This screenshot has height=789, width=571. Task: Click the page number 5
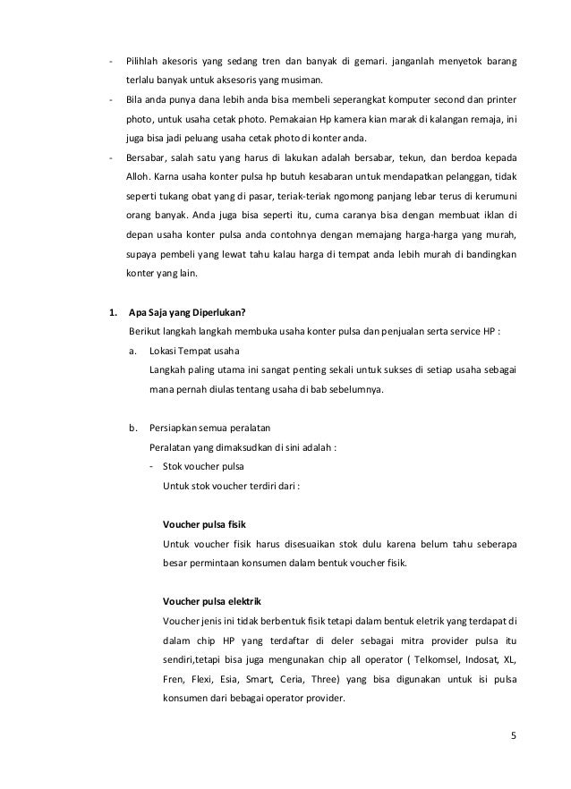(513, 737)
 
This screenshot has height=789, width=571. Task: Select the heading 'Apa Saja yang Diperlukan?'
(188, 312)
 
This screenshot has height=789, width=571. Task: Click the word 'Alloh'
(141, 178)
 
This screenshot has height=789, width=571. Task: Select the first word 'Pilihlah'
(146, 63)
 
